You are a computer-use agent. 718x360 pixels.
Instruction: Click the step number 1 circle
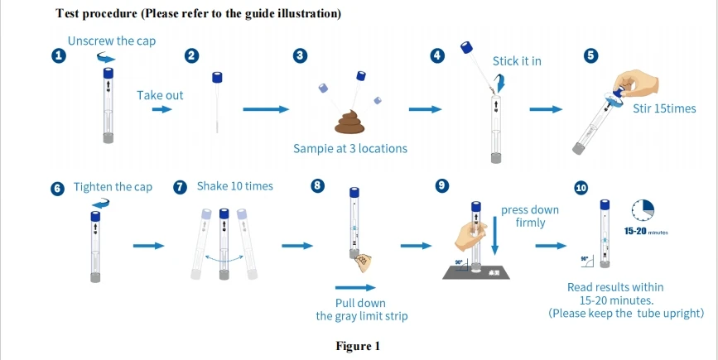pyautogui.click(x=58, y=55)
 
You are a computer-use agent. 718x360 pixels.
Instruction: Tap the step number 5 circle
pyautogui.click(x=590, y=55)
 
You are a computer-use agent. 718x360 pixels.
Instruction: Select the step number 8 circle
pyautogui.click(x=316, y=185)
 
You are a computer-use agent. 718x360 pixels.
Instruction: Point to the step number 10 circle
pyautogui.click(x=581, y=188)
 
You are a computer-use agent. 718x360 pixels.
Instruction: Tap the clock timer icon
pyautogui.click(x=643, y=209)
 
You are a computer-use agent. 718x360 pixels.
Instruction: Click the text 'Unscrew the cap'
pyautogui.click(x=112, y=41)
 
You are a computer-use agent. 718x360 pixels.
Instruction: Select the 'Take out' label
pyautogui.click(x=160, y=95)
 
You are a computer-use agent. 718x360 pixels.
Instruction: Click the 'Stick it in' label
pyautogui.click(x=517, y=60)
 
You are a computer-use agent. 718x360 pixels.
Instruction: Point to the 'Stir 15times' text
pyautogui.click(x=665, y=109)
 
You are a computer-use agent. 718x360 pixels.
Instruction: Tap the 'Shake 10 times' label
pyautogui.click(x=234, y=186)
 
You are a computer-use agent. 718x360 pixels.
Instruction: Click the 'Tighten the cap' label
pyautogui.click(x=113, y=187)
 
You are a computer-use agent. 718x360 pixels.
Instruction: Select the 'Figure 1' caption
pyautogui.click(x=358, y=346)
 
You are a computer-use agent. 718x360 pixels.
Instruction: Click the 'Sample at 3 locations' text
pyautogui.click(x=350, y=149)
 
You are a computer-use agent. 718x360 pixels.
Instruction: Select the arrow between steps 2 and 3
pyautogui.click(x=266, y=109)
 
